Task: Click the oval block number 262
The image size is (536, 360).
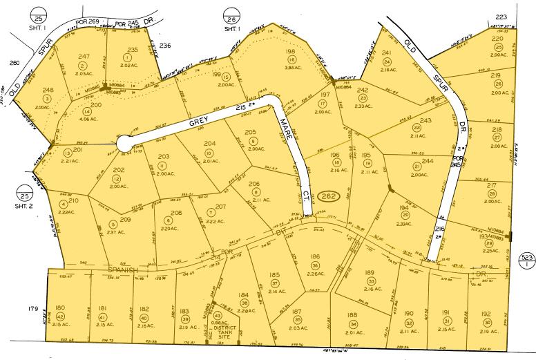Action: [329, 196]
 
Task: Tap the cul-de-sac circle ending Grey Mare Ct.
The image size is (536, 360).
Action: [125, 143]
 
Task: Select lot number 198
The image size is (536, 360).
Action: [290, 51]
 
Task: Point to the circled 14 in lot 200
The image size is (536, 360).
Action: [86, 111]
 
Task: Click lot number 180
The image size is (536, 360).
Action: [59, 308]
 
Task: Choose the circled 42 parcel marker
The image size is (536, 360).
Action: [59, 316]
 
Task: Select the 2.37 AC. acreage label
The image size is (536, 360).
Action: [115, 231]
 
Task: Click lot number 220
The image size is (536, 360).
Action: [497, 39]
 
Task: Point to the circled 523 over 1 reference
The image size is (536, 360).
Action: [527, 260]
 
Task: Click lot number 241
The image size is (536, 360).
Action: [387, 53]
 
